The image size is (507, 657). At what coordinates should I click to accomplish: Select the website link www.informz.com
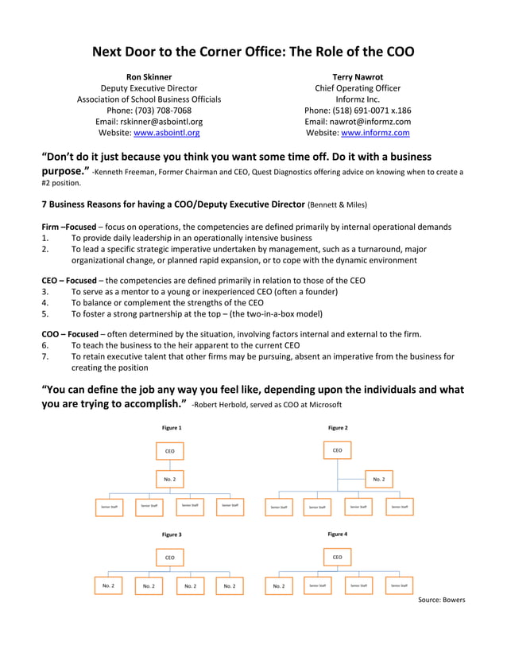[375, 133]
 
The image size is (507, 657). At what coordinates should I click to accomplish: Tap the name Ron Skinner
[149, 77]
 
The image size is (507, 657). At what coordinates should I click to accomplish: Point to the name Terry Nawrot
[358, 77]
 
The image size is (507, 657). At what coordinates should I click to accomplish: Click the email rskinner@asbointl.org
[149, 122]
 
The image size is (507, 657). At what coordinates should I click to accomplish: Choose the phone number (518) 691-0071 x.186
[358, 111]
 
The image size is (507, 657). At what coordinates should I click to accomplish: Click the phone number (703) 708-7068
[149, 111]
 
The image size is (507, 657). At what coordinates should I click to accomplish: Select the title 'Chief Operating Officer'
[358, 88]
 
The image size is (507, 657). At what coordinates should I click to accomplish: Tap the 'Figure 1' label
[172, 428]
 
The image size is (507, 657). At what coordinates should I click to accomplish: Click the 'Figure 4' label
[337, 535]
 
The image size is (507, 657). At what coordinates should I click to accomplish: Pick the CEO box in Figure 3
[169, 558]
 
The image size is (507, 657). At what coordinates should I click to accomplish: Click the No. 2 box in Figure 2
[378, 480]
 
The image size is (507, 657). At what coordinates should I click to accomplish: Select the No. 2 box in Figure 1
[169, 480]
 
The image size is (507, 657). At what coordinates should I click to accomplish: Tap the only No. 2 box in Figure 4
[278, 585]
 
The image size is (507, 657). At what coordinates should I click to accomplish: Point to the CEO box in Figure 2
[337, 451]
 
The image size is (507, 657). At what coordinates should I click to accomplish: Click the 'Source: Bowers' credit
[441, 600]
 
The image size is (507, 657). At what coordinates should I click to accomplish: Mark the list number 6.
[45, 346]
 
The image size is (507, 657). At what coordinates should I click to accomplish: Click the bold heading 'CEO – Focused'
[68, 280]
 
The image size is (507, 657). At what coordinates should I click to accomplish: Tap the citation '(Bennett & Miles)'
[337, 205]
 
